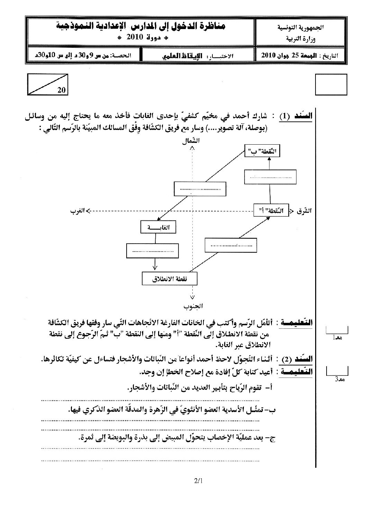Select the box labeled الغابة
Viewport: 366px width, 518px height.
click(x=158, y=227)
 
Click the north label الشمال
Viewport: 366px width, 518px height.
click(x=192, y=141)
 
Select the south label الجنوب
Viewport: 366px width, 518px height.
click(x=193, y=306)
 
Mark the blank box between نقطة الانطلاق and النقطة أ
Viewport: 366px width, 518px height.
click(x=231, y=245)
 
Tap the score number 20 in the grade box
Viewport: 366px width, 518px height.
click(x=62, y=90)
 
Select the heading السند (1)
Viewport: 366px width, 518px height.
click(x=295, y=116)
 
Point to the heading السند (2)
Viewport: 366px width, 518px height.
click(x=295, y=360)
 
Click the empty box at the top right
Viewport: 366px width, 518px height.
click(x=331, y=84)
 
